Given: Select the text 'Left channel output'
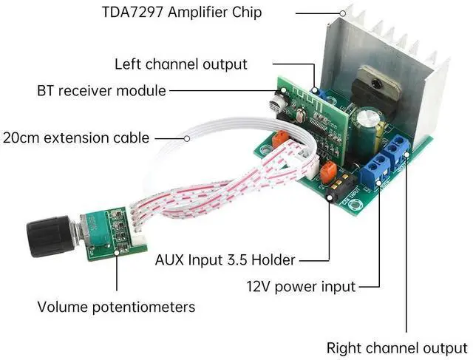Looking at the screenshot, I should pyautogui.click(x=181, y=64).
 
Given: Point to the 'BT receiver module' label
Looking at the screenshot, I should pyautogui.click(x=101, y=91).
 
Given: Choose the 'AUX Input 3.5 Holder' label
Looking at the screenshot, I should pyautogui.click(x=225, y=260).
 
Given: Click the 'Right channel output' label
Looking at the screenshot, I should pyautogui.click(x=397, y=347).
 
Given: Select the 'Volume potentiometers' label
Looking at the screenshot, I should pyautogui.click(x=116, y=306).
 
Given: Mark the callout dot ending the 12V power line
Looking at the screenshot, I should pyautogui.click(x=379, y=182).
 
